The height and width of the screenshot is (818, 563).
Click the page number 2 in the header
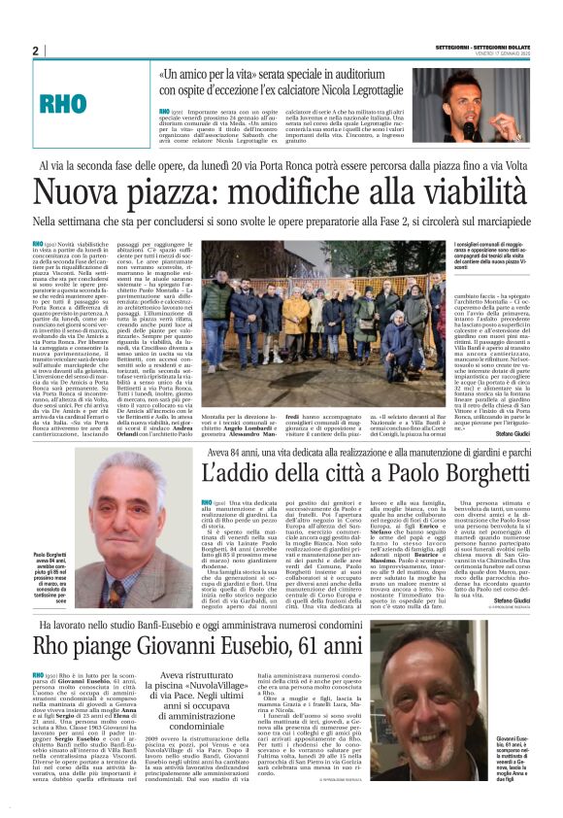pyautogui.click(x=35, y=51)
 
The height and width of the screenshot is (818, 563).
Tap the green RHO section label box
pyautogui.click(x=74, y=101)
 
